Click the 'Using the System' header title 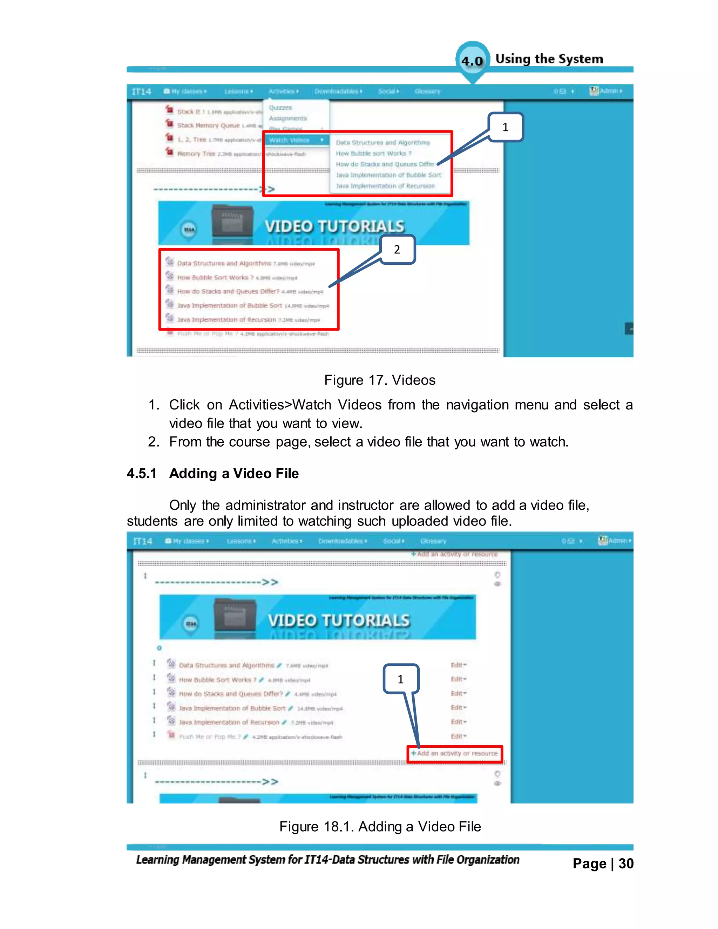click(x=549, y=59)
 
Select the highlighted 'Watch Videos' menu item click(x=290, y=140)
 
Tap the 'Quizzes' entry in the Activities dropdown click(x=280, y=108)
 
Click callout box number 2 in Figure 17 click(x=397, y=249)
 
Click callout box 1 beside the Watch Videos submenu click(x=505, y=127)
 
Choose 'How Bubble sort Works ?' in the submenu click(x=373, y=153)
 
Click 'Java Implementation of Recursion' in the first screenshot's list click(x=226, y=319)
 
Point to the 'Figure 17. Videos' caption click(x=379, y=380)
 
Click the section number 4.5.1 click(x=142, y=473)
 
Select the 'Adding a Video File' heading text click(x=234, y=473)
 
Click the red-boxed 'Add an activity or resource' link click(x=454, y=753)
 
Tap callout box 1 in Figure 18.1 click(x=400, y=679)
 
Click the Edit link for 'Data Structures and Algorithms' click(x=458, y=665)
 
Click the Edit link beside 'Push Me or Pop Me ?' click(x=458, y=736)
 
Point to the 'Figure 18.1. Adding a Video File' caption click(x=380, y=827)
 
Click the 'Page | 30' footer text click(x=603, y=863)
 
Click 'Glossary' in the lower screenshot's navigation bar click(x=433, y=541)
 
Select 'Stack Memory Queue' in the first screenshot click(x=208, y=126)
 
